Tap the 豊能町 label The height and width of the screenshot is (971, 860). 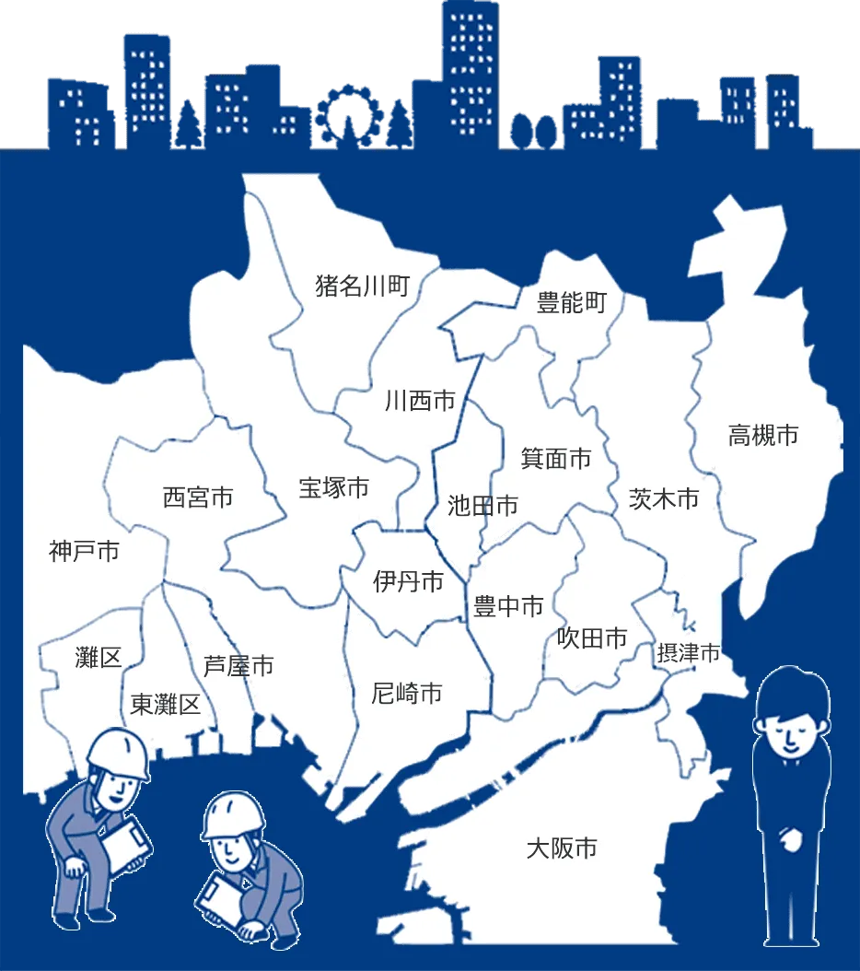[x=572, y=302]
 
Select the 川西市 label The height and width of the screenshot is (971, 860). [x=420, y=402]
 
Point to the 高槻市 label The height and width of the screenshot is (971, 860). [x=763, y=435]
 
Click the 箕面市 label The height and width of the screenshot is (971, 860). [x=555, y=458]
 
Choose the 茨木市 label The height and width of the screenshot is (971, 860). [x=663, y=498]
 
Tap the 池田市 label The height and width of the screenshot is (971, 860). [x=482, y=505]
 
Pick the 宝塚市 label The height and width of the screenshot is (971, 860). [x=333, y=487]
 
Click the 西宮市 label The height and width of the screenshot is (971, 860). [x=198, y=497]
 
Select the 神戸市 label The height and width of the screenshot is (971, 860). [x=84, y=552]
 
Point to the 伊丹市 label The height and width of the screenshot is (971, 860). [x=408, y=581]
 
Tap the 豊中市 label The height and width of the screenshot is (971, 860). [x=508, y=606]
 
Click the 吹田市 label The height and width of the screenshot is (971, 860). [x=592, y=638]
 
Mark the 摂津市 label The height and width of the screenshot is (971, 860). [x=689, y=654]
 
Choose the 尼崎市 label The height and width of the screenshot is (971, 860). [x=407, y=693]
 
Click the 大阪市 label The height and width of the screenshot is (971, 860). [x=562, y=848]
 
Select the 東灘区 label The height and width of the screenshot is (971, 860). [x=166, y=706]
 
